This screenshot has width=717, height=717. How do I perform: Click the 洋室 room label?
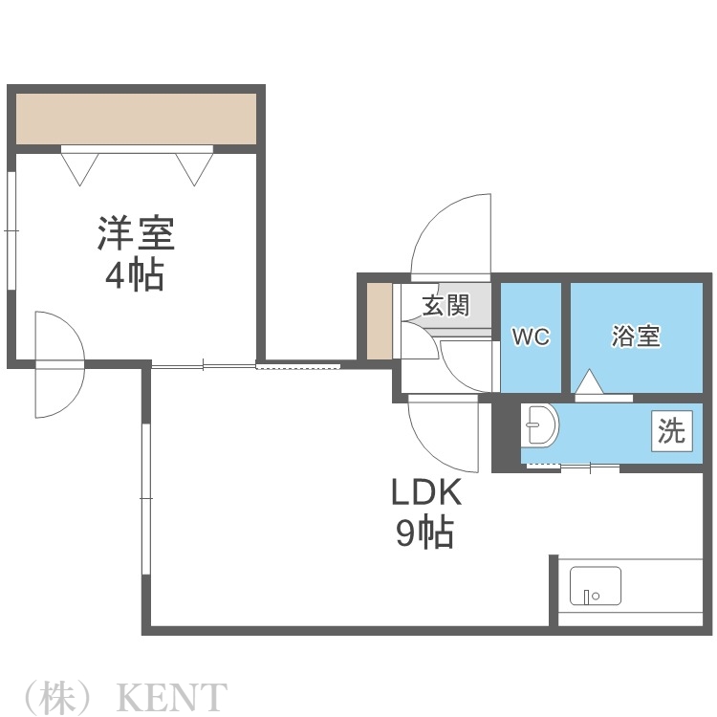pyautogui.click(x=135, y=233)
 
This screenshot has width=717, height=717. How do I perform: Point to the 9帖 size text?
pyautogui.click(x=425, y=532)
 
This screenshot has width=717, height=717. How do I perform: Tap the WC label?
pyautogui.click(x=531, y=337)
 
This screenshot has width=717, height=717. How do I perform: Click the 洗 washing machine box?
pyautogui.click(x=671, y=431)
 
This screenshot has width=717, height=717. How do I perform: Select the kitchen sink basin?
pyautogui.click(x=595, y=586)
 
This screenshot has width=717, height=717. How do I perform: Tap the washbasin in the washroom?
pyautogui.click(x=541, y=425)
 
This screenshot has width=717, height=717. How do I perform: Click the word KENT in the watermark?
pyautogui.click(x=171, y=697)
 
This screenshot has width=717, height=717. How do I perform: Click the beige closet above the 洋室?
pyautogui.click(x=136, y=119)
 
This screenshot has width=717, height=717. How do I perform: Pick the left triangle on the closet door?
pyautogui.click(x=79, y=167)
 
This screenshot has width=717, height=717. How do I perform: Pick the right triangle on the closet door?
pyautogui.click(x=193, y=167)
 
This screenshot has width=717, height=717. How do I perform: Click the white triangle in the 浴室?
pyautogui.click(x=588, y=381)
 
